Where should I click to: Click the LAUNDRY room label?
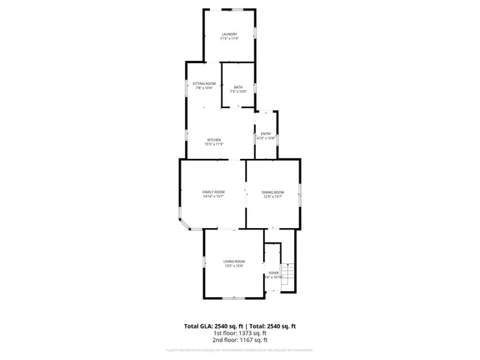point(229,34)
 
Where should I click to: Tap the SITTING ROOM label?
point(204,83)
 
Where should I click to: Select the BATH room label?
point(238,88)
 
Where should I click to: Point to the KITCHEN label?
point(214,139)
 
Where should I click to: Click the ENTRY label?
point(265,133)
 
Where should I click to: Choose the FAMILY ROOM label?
point(213,192)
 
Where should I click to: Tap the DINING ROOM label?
point(272,192)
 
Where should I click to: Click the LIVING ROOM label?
point(234,261)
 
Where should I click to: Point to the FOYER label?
point(273,272)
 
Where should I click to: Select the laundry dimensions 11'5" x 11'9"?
point(229,38)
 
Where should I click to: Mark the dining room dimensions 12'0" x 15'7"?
point(272,196)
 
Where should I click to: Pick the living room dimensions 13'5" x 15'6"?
point(234,265)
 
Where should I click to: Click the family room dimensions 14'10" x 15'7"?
point(213,196)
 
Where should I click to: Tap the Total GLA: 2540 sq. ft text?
point(215,326)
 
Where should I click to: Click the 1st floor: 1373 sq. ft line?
point(240,334)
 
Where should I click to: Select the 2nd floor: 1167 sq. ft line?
point(240,340)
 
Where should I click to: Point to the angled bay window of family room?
point(184,223)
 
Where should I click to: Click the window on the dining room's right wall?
point(301,193)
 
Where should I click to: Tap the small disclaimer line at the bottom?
point(240,350)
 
